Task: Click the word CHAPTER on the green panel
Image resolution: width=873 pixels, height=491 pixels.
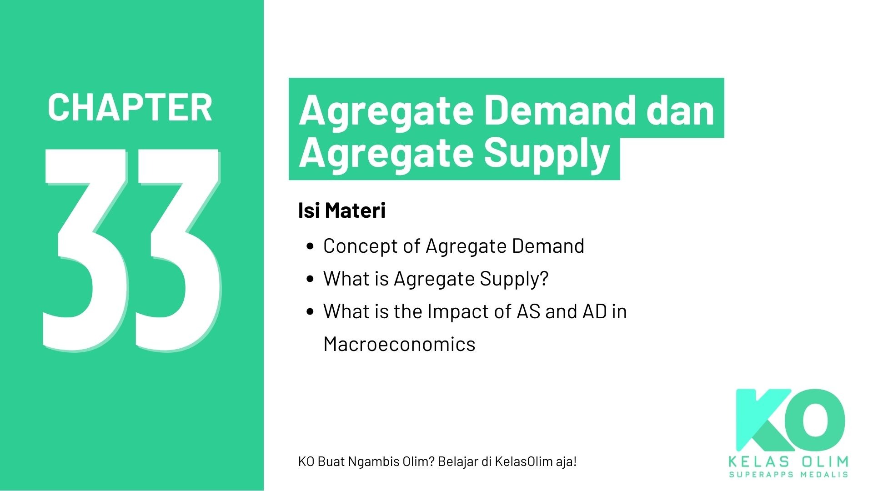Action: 130,107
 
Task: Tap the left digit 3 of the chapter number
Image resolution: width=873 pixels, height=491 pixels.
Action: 86,250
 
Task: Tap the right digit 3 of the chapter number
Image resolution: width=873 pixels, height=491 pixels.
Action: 177,250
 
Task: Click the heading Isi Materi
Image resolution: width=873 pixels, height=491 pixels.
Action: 341,210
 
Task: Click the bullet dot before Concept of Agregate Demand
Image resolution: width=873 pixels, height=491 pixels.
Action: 311,246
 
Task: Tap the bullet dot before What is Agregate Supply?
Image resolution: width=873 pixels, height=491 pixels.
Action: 311,279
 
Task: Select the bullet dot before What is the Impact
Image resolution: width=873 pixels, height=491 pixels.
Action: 311,312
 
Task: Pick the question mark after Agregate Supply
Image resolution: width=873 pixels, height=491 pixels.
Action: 544,279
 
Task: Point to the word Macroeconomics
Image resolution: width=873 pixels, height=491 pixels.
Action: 399,344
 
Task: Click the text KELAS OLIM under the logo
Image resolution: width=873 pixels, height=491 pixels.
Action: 788,462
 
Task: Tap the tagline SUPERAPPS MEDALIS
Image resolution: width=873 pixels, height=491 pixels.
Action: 788,475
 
